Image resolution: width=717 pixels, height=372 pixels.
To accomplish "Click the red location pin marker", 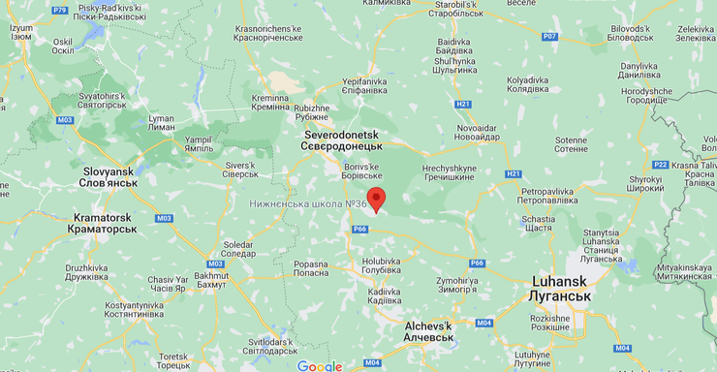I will tap(376, 200).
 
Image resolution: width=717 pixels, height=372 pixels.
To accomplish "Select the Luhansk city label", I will tap(561, 289).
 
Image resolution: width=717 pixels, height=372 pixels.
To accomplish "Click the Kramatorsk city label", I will tap(102, 224).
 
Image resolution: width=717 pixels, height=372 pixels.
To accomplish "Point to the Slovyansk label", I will tap(109, 176).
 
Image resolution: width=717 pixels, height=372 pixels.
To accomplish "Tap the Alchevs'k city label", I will tap(427, 330).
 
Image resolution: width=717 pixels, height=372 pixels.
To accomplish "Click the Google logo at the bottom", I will tap(320, 365).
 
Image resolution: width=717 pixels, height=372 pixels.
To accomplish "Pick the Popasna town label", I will tap(311, 268).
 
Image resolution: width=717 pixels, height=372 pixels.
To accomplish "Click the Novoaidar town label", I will tap(478, 132).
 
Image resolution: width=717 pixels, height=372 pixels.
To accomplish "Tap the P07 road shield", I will tap(549, 36).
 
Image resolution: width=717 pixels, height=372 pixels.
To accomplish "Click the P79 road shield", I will tap(61, 9).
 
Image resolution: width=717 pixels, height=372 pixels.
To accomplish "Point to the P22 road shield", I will tap(661, 165).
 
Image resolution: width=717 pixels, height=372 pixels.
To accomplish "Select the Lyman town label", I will tap(161, 123).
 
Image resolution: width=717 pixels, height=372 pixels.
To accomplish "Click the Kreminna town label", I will tap(269, 102).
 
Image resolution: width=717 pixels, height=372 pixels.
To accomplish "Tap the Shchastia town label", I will tap(538, 223).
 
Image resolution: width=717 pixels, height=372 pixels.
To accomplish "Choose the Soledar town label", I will tap(238, 249).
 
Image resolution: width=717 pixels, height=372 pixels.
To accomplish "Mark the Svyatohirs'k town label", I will tap(102, 102).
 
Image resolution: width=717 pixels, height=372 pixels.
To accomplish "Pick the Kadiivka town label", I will tap(384, 295).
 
